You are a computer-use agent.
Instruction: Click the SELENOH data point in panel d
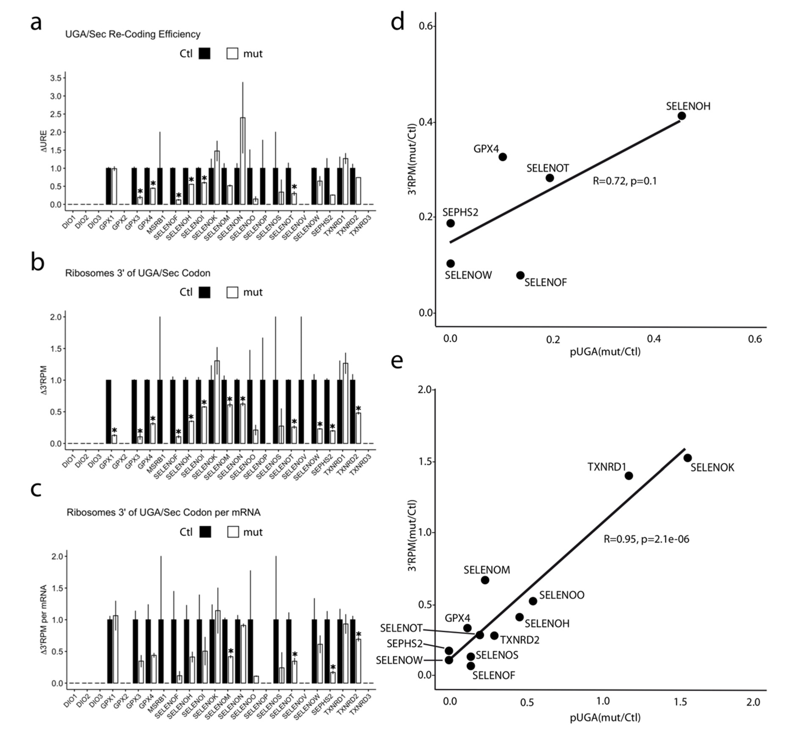(x=681, y=116)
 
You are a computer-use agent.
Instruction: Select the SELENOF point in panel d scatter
(x=520, y=276)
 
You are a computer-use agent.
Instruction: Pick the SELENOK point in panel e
(x=688, y=458)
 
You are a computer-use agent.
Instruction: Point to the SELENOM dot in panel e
(x=485, y=580)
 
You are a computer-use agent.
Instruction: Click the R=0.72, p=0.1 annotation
(x=625, y=181)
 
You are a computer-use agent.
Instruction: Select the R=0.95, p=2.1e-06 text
(x=646, y=539)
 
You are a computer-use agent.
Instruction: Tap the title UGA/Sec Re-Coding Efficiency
(x=132, y=34)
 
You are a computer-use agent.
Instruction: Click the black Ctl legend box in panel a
(x=204, y=54)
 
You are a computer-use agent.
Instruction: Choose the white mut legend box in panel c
(x=233, y=532)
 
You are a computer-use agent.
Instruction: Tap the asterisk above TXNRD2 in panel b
(x=358, y=409)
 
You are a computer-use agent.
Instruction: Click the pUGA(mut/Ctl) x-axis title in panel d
(x=605, y=352)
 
